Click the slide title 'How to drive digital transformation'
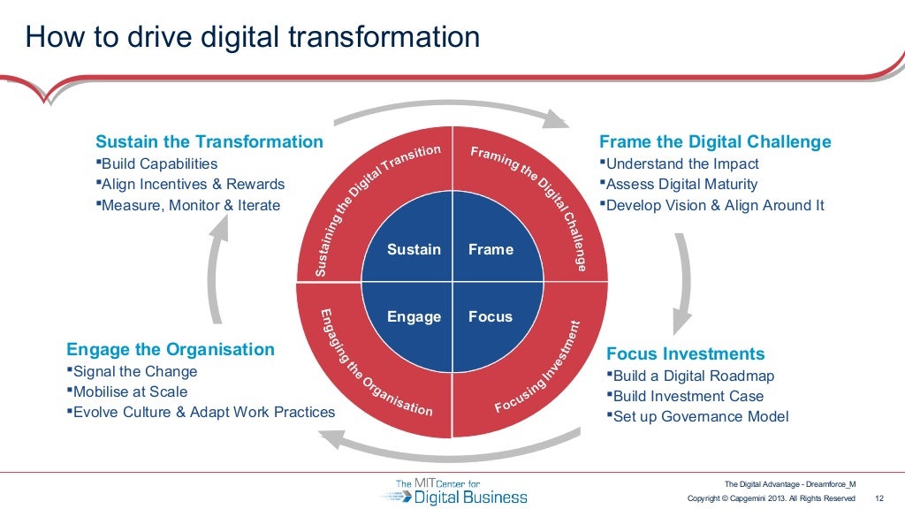click(x=253, y=37)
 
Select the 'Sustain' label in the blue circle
click(x=414, y=250)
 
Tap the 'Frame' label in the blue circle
click(x=491, y=250)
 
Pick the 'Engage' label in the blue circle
click(x=414, y=316)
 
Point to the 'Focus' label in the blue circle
click(x=491, y=316)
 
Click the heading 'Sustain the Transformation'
click(x=209, y=141)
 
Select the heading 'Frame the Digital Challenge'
click(x=715, y=141)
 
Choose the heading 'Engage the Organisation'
click(x=171, y=349)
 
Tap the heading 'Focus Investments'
click(x=685, y=353)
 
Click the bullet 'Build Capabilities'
click(x=160, y=163)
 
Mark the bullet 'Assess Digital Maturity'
click(x=681, y=185)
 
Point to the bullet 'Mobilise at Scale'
click(x=131, y=391)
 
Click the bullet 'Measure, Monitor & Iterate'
click(x=191, y=206)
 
